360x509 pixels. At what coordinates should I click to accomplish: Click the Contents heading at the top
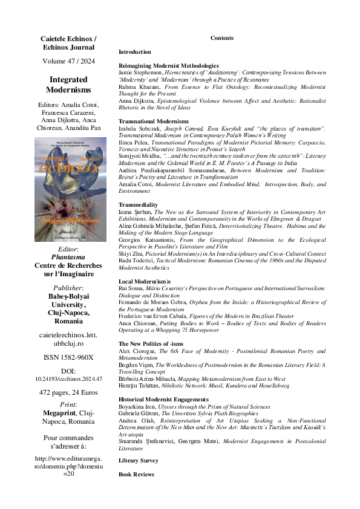[x=221, y=38]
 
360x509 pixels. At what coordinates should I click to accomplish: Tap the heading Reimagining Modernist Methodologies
[x=168, y=65]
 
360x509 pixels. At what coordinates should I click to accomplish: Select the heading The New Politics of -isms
[x=148, y=344]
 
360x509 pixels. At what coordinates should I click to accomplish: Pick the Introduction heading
[x=135, y=52]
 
